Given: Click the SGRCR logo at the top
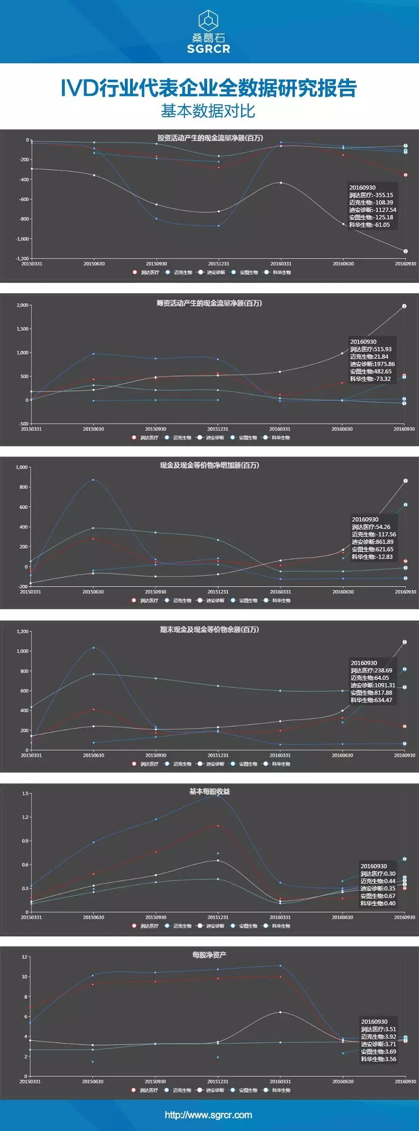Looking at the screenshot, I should click(209, 32).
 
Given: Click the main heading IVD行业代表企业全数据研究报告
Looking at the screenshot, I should click(209, 88).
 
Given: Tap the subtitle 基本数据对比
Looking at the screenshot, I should click(208, 111).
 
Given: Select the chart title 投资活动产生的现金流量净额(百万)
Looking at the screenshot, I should click(210, 138).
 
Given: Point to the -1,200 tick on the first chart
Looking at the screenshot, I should click(22, 258).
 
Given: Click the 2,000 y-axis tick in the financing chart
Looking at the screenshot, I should click(22, 305).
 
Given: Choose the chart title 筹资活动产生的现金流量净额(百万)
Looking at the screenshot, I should click(209, 303).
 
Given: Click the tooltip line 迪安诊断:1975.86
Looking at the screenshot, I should click(372, 364).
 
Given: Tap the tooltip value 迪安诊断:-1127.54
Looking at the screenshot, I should click(373, 210).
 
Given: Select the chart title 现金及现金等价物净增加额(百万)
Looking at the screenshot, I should click(209, 465).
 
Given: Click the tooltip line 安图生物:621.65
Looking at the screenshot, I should click(372, 549).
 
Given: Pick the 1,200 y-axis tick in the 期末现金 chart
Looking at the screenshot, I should click(22, 631).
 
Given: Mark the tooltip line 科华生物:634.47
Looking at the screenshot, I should click(371, 700).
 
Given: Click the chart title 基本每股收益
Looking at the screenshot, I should click(209, 791).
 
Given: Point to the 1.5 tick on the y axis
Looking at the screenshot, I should click(25, 793).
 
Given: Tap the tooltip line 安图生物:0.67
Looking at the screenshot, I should click(378, 896).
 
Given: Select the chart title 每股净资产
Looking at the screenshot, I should click(209, 955).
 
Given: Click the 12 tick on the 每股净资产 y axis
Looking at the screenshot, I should click(25, 957).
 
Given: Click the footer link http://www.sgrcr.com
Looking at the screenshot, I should click(209, 1115).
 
